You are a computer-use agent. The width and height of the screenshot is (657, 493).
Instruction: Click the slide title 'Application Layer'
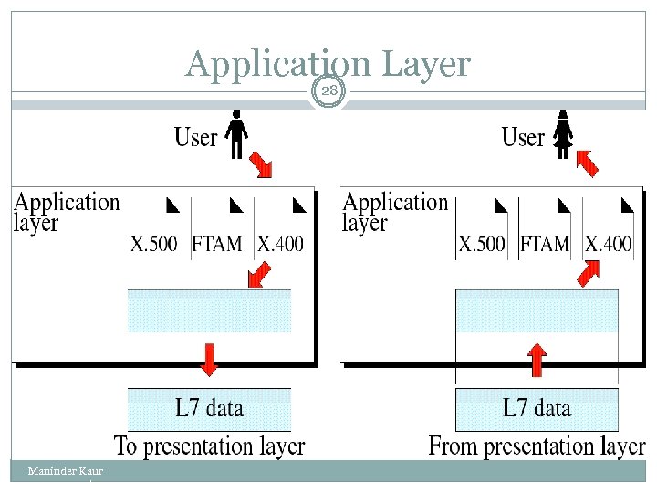pyautogui.click(x=328, y=64)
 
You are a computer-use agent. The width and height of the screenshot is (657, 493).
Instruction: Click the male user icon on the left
pyautogui.click(x=237, y=135)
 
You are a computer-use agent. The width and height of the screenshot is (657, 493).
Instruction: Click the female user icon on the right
pyautogui.click(x=564, y=135)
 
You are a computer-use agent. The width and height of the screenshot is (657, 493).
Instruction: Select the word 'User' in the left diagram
pyautogui.click(x=196, y=138)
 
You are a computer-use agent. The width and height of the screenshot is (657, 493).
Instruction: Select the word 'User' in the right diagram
pyautogui.click(x=524, y=138)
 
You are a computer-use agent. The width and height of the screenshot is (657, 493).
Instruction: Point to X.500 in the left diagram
pyautogui.click(x=155, y=244)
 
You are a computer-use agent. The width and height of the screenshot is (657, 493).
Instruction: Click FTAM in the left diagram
pyautogui.click(x=217, y=244)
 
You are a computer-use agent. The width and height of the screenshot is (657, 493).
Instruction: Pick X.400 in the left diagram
pyautogui.click(x=280, y=244)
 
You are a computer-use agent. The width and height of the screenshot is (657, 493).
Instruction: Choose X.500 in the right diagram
pyautogui.click(x=483, y=244)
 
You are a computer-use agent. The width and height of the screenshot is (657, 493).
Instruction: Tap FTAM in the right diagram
pyautogui.click(x=545, y=244)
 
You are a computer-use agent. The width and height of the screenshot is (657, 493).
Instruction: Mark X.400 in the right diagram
pyautogui.click(x=608, y=244)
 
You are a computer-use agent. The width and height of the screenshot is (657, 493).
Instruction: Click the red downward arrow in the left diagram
pyautogui.click(x=210, y=359)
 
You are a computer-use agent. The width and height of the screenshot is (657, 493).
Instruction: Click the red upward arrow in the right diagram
pyautogui.click(x=537, y=359)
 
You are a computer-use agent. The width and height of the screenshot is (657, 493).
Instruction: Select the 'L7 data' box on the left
pyautogui.click(x=210, y=408)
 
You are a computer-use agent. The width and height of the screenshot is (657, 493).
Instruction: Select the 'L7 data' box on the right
pyautogui.click(x=537, y=408)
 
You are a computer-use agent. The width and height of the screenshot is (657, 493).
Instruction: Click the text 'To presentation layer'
pyautogui.click(x=210, y=446)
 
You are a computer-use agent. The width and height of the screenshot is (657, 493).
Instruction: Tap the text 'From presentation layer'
pyautogui.click(x=537, y=446)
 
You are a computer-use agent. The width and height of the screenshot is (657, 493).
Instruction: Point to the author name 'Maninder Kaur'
pyautogui.click(x=65, y=471)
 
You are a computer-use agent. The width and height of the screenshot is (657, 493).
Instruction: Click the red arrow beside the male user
pyautogui.click(x=261, y=163)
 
